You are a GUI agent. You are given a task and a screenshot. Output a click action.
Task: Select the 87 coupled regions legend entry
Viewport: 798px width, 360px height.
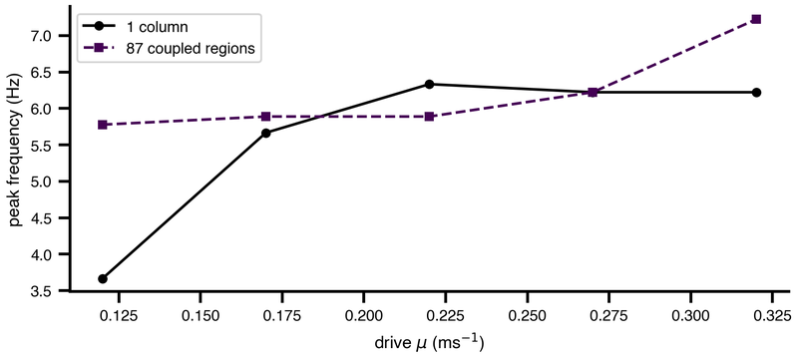[x=169, y=48]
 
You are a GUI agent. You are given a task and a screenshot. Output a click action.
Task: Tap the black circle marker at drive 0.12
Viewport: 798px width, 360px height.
[x=103, y=278]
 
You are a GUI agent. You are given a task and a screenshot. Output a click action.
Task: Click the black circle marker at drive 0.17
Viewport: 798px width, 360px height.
[x=265, y=134]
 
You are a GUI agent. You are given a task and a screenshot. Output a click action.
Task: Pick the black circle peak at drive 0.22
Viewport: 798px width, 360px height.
[x=429, y=84]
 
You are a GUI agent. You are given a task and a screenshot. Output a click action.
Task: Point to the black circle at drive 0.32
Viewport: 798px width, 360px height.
[x=756, y=92]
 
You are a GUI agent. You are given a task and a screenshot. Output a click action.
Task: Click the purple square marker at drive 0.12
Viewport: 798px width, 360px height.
[x=103, y=125]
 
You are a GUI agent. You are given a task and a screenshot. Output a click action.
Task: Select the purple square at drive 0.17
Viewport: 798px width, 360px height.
[x=265, y=117]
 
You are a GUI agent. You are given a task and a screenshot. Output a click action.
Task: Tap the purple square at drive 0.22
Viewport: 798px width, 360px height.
[x=429, y=117]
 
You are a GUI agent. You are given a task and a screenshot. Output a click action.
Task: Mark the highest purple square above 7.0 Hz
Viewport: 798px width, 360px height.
[x=756, y=19]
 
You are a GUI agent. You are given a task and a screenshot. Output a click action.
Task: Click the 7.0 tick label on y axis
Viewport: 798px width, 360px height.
[x=49, y=36]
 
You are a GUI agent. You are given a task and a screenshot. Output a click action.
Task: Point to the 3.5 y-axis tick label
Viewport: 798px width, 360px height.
[x=49, y=291]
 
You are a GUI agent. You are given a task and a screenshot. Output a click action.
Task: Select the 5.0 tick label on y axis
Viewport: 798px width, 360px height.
[x=49, y=181]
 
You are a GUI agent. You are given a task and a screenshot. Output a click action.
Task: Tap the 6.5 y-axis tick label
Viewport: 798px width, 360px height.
[x=49, y=72]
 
